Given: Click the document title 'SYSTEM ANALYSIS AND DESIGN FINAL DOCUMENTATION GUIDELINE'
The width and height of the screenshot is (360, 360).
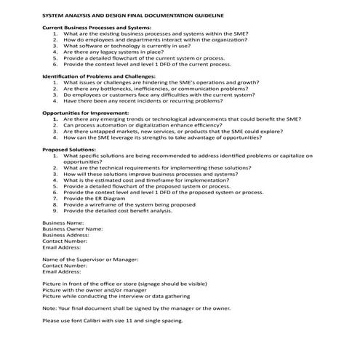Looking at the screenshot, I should point(133,15).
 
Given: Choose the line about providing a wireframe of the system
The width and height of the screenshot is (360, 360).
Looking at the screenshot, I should point(129,205).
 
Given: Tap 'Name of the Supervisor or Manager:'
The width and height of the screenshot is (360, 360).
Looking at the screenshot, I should point(90,260).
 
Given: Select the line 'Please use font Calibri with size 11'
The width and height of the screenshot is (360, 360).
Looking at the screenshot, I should point(113,320).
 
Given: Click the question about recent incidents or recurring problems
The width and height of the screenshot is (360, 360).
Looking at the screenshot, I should point(153,100).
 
